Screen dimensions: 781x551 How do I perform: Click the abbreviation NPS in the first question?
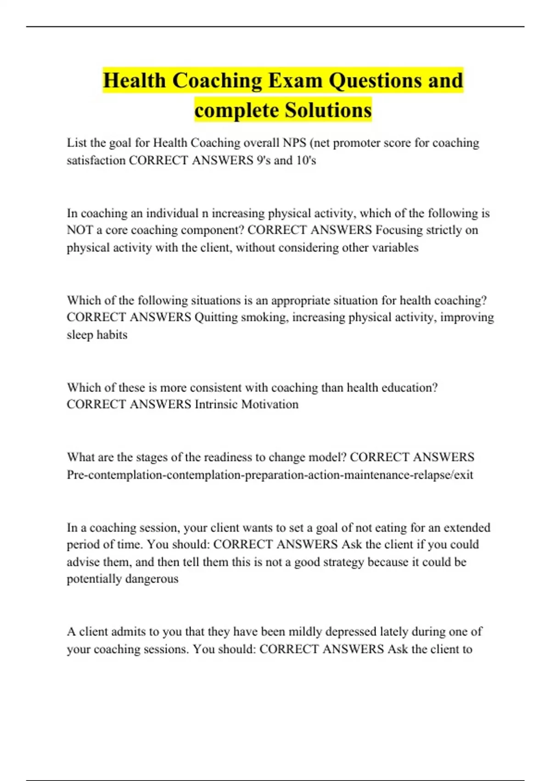pos(294,143)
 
